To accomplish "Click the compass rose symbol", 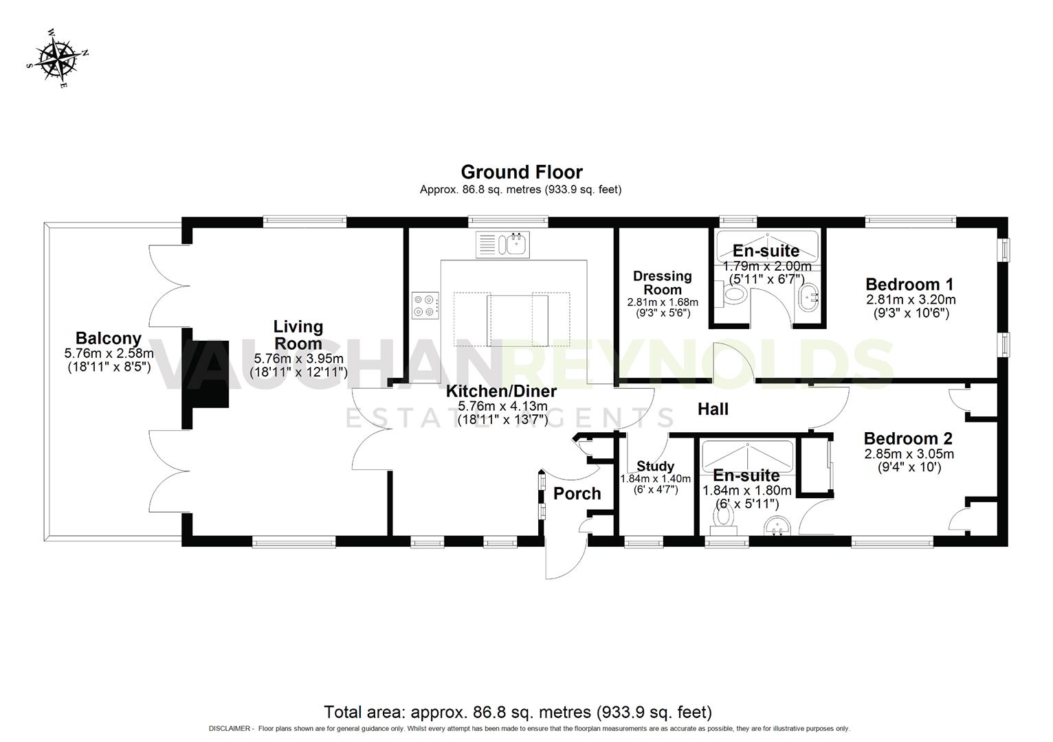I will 57,59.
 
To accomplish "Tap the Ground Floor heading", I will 521,172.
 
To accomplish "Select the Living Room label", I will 298,335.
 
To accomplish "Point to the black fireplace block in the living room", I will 205,374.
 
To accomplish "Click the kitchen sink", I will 513,244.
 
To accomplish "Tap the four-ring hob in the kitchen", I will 425,305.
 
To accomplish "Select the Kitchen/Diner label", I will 501,392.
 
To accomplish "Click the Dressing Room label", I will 662,282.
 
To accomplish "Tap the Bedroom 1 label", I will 909,284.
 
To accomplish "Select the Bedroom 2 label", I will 907,438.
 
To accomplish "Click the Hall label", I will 713,409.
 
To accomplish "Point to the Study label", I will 655,466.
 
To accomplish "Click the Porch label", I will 577,494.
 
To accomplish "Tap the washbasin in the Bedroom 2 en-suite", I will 777,526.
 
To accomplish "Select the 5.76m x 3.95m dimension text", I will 298,359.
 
